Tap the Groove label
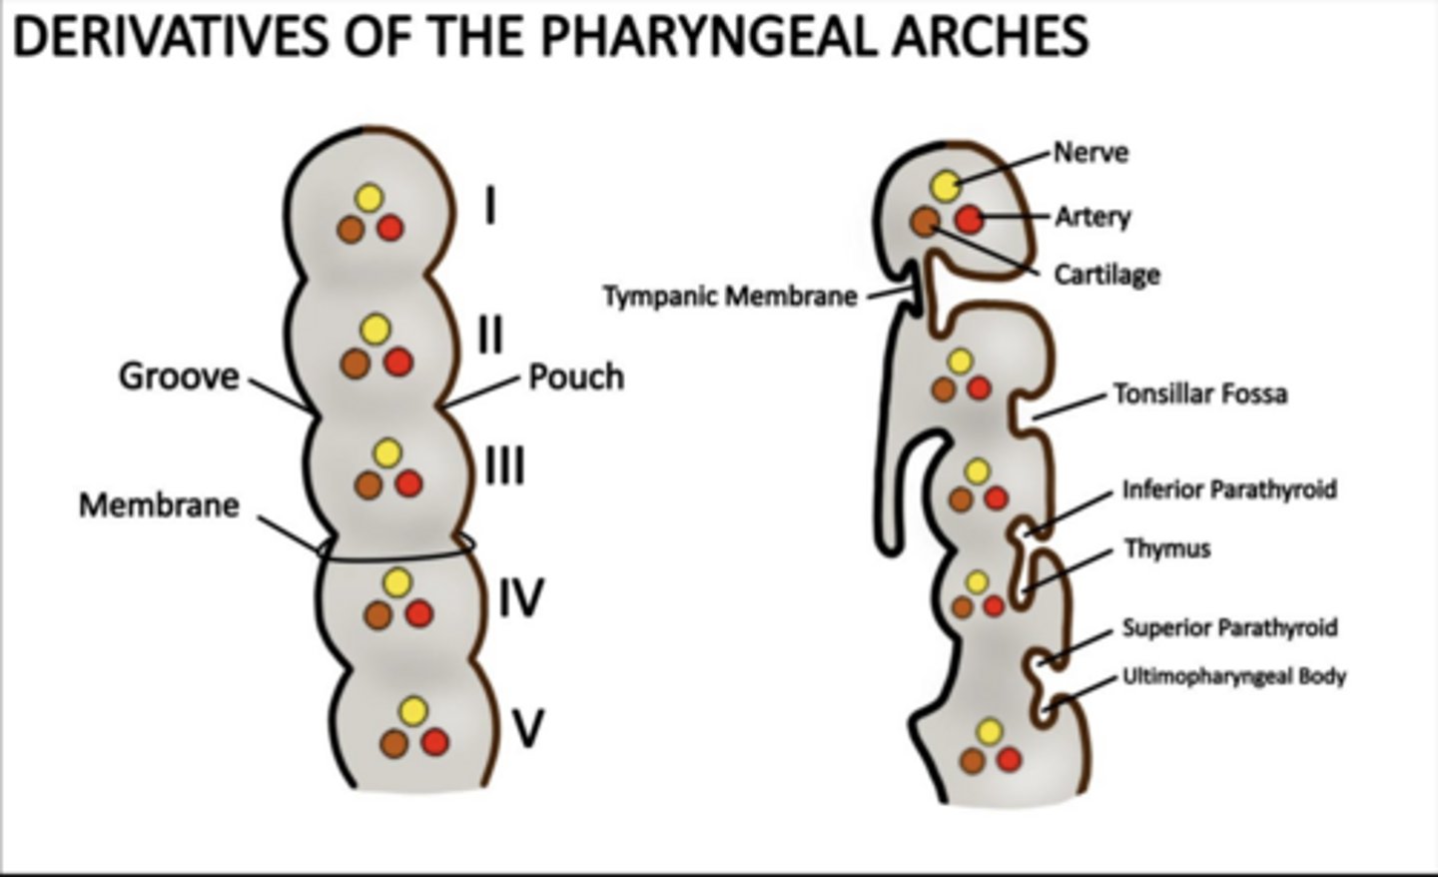click(x=180, y=377)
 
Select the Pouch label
click(x=576, y=377)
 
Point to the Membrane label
click(x=160, y=504)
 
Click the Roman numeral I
click(x=489, y=208)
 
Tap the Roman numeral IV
click(x=520, y=598)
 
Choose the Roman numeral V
click(x=527, y=728)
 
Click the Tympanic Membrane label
click(x=730, y=297)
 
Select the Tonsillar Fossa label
click(x=1200, y=394)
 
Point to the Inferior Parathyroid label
click(x=1229, y=489)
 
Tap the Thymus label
click(x=1167, y=548)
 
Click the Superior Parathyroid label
click(x=1229, y=627)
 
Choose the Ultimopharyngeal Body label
click(x=1234, y=676)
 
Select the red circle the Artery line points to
click(x=969, y=220)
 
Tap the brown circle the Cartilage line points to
click(x=925, y=221)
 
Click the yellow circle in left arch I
click(x=368, y=198)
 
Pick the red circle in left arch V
click(x=434, y=742)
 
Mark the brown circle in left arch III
click(x=366, y=485)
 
